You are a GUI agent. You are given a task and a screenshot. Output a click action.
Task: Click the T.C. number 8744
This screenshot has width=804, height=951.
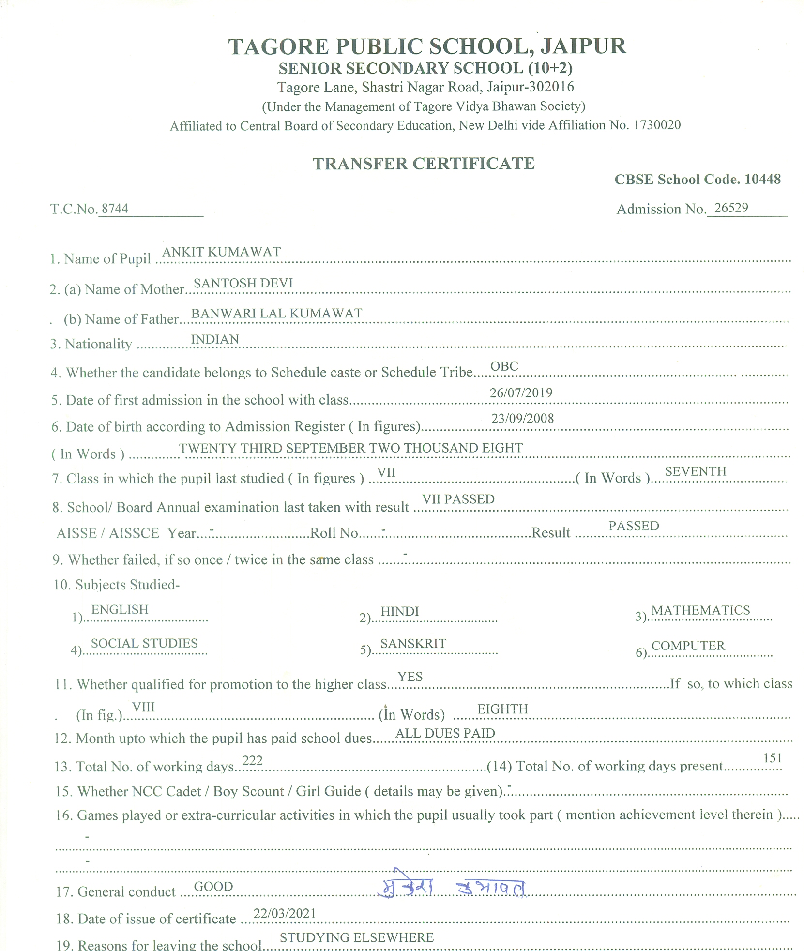click(115, 209)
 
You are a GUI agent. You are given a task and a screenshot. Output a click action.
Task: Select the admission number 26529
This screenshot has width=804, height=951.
click(731, 208)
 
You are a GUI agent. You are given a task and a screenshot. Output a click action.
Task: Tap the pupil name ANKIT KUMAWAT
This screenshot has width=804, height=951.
click(221, 252)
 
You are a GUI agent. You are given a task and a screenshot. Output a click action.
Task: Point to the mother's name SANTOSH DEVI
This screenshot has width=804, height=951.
click(243, 283)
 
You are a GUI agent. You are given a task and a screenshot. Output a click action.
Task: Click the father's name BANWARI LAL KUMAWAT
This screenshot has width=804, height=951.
click(276, 313)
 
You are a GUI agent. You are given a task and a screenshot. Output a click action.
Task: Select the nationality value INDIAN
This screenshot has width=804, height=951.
click(215, 339)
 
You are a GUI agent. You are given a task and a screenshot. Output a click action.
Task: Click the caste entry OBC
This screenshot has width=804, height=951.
click(504, 366)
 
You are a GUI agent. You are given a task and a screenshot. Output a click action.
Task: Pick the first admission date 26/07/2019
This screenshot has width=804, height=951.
click(521, 392)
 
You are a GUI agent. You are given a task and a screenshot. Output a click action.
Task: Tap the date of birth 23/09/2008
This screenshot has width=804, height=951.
click(522, 418)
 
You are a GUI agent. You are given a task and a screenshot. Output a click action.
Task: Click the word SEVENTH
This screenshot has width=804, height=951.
click(695, 471)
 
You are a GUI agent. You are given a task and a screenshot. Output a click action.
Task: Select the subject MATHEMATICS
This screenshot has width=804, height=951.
click(700, 610)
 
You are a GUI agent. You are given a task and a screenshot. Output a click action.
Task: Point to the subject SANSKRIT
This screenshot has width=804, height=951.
click(413, 643)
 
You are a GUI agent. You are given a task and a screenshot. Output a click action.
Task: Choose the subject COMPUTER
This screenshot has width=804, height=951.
click(688, 646)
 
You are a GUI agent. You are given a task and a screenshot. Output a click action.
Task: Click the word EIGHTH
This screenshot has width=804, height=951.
click(502, 709)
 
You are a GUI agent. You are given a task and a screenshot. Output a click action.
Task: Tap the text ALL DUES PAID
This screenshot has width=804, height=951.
click(445, 733)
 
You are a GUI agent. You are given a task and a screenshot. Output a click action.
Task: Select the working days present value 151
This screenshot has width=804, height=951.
click(772, 758)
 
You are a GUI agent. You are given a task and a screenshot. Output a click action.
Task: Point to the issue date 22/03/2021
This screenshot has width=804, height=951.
click(285, 913)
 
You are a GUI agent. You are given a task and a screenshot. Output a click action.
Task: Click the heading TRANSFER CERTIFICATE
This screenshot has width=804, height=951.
click(424, 164)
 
